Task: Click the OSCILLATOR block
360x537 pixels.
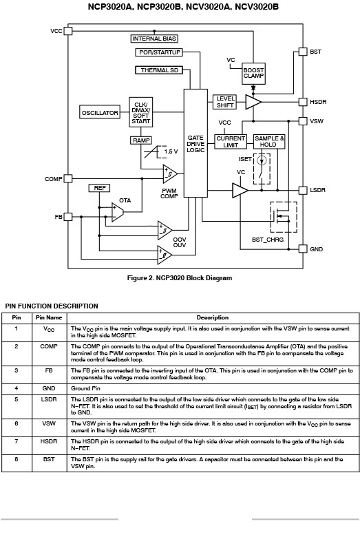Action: pyautogui.click(x=100, y=112)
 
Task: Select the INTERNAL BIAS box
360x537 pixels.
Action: pyautogui.click(x=154, y=39)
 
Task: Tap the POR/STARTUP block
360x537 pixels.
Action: pyautogui.click(x=159, y=52)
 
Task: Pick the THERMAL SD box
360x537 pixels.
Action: pyautogui.click(x=159, y=70)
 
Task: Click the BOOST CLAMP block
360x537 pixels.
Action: pyautogui.click(x=253, y=73)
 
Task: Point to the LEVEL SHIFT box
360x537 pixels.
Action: pyautogui.click(x=224, y=102)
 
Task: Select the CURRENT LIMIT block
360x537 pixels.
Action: pyautogui.click(x=231, y=141)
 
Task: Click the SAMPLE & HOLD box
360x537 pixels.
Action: pyautogui.click(x=269, y=141)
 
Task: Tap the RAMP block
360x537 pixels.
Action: pyautogui.click(x=141, y=140)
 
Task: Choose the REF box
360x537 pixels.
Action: pyautogui.click(x=100, y=188)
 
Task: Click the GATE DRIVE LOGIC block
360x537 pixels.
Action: pyautogui.click(x=195, y=143)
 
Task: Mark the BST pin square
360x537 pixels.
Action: pyautogui.click(x=303, y=52)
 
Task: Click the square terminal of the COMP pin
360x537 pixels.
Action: pyautogui.click(x=68, y=178)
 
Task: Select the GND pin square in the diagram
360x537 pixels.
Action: pyautogui.click(x=303, y=249)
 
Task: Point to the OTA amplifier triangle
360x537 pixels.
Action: pyautogui.click(x=117, y=212)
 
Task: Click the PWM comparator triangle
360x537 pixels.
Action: pyautogui.click(x=169, y=173)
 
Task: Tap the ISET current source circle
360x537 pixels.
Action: pyautogui.click(x=262, y=160)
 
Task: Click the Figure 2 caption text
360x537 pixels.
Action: pyautogui.click(x=180, y=277)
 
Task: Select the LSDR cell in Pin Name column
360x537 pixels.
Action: pyautogui.click(x=49, y=399)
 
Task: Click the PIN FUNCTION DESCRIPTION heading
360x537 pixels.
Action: pyautogui.click(x=52, y=306)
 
